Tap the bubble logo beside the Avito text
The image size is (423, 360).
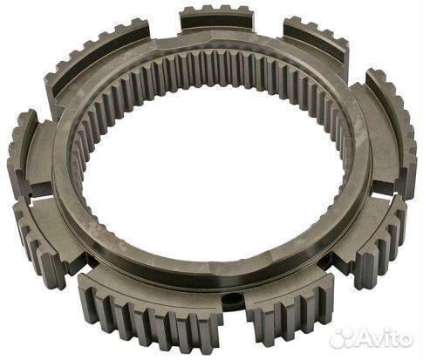pyautogui.click(x=342, y=338)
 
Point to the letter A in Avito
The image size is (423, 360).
pyautogui.click(x=364, y=337)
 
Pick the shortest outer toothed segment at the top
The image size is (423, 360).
pyautogui.click(x=217, y=18)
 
